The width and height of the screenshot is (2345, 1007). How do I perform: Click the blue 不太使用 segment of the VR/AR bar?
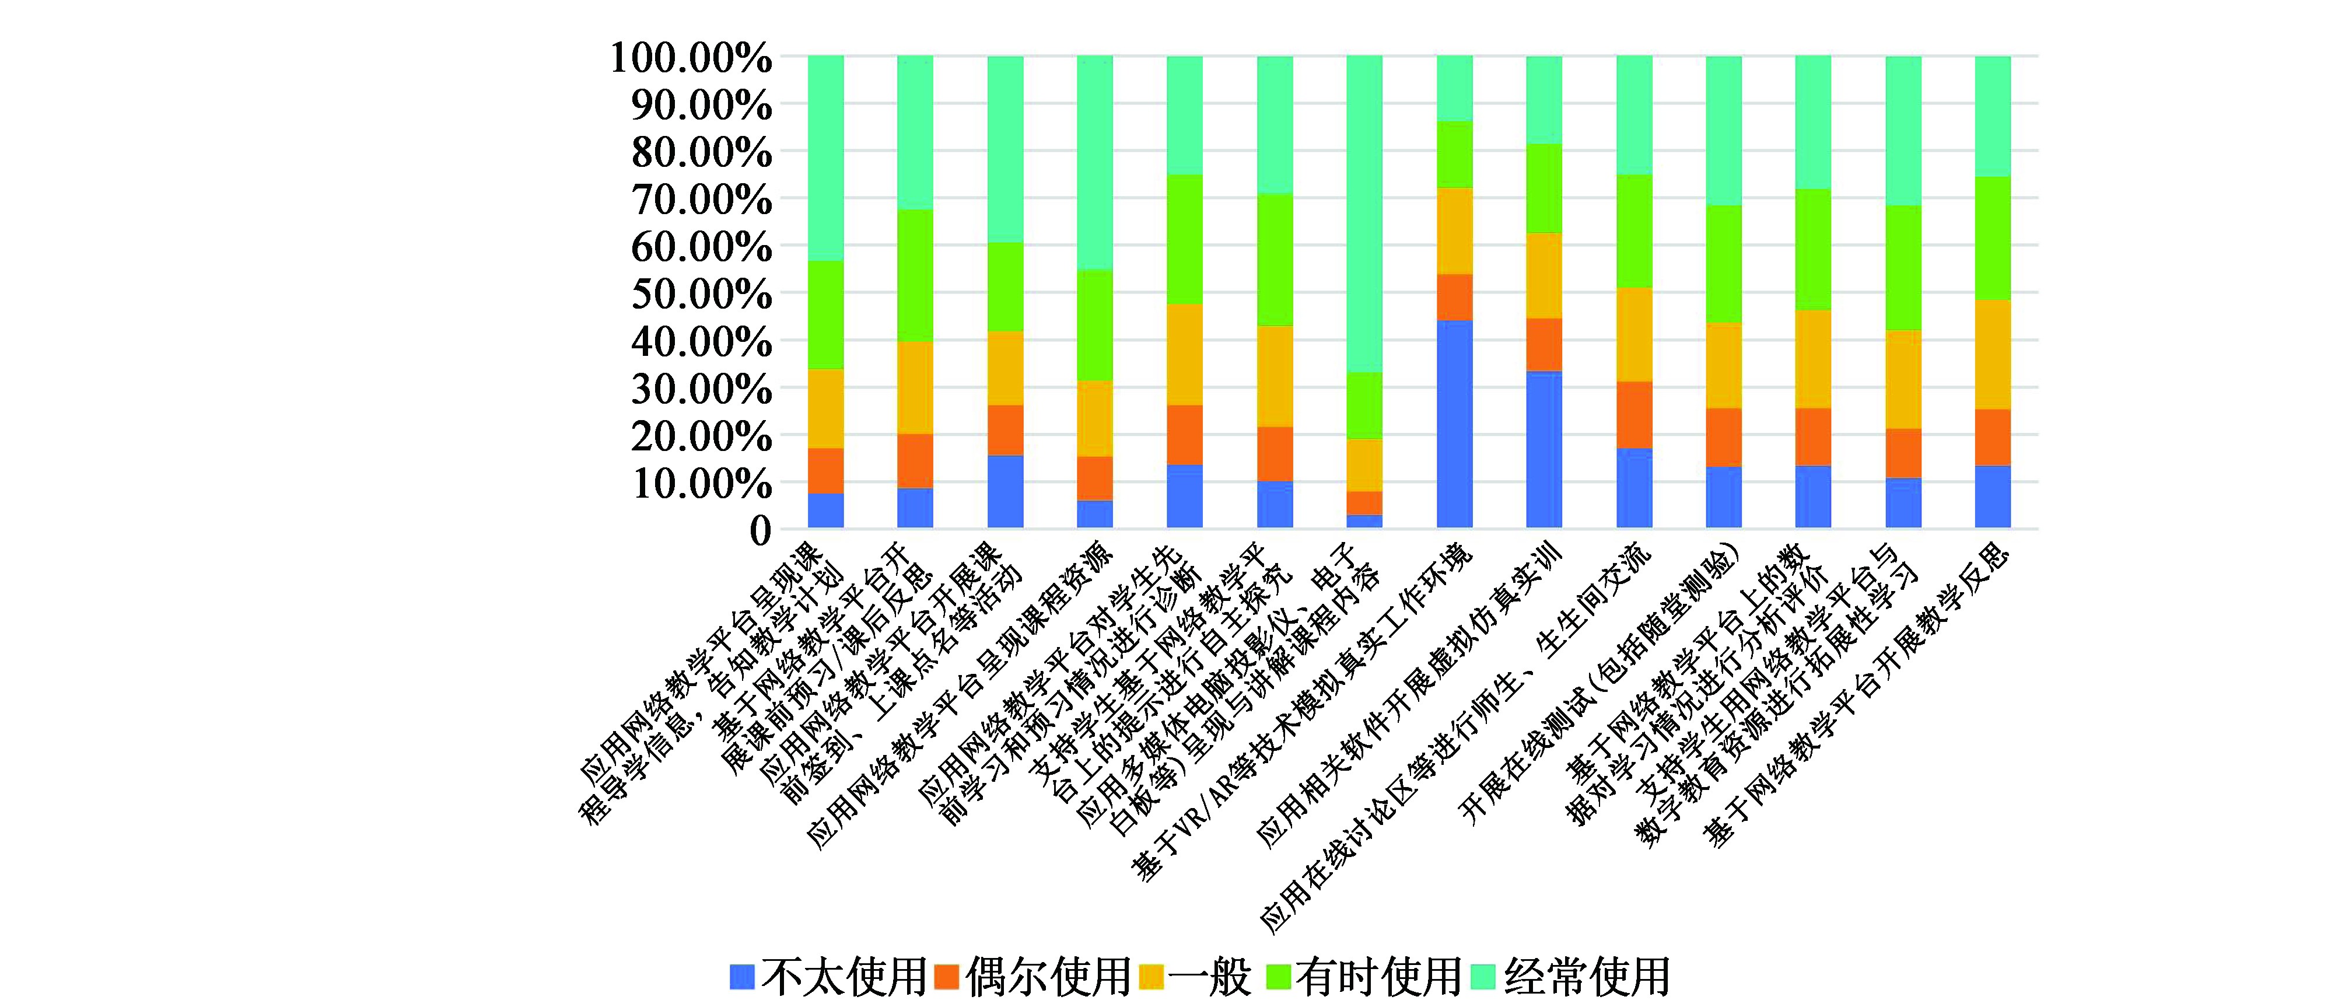(1454, 424)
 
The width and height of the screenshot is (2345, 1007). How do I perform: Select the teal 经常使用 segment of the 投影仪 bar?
(1364, 214)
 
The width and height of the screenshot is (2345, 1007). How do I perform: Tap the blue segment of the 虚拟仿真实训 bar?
(1544, 450)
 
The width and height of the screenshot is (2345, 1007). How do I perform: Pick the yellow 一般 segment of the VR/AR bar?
(1454, 231)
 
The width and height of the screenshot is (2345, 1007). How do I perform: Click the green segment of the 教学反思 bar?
(1993, 239)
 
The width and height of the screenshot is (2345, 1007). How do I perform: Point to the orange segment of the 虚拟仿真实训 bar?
(1544, 345)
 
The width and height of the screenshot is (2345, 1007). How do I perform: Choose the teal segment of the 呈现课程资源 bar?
(1095, 163)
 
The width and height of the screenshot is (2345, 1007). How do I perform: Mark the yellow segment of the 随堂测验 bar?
(1723, 366)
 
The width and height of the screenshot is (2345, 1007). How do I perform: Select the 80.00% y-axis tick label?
(702, 152)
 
